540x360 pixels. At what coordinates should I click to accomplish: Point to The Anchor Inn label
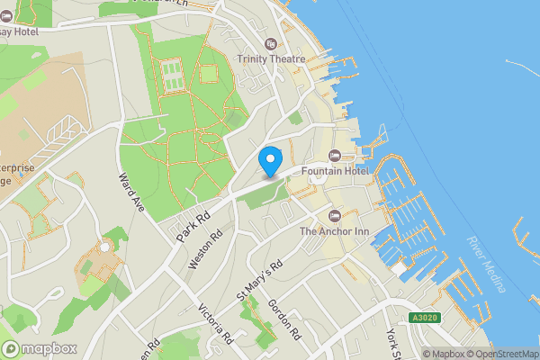coord(335,230)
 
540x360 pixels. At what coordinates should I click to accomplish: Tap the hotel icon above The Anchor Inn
coord(335,216)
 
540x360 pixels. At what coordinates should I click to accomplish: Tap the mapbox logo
coord(40,348)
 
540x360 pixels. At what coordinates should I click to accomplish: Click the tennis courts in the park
coord(170,70)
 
